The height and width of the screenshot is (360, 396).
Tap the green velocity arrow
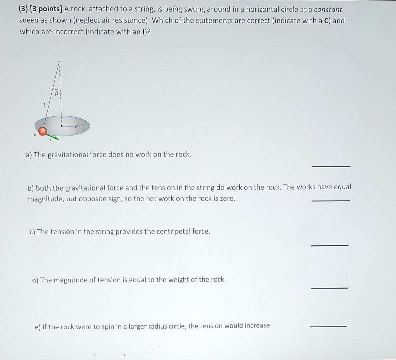pos(53,137)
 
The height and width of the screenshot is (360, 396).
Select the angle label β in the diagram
pos(56,94)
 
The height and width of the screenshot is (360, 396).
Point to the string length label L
pos(44,105)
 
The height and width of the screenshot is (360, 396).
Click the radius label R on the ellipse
pos(76,126)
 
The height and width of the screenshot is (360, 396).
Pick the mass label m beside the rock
pos(35,135)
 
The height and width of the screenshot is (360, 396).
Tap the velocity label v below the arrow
pos(51,140)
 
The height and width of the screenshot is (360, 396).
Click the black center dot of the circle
pos(62,126)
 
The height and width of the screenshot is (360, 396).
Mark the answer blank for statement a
pos(331,166)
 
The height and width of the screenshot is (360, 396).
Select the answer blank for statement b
pos(330,200)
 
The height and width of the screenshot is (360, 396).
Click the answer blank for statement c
pos(329,245)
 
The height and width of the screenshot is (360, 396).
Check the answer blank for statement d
pos(329,288)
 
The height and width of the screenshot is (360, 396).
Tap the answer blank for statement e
pos(328,326)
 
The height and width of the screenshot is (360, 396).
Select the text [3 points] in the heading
pos(46,9)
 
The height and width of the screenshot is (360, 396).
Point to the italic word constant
pos(328,10)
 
